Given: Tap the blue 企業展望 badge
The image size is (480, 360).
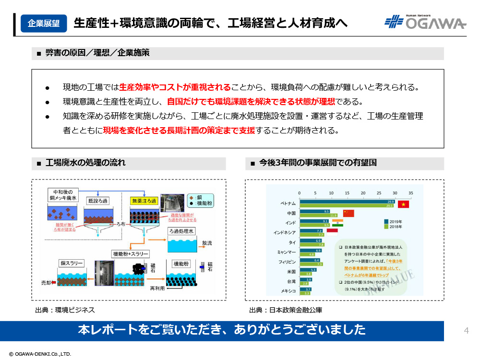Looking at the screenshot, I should [44, 23].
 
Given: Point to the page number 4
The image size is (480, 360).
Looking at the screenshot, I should [466, 330].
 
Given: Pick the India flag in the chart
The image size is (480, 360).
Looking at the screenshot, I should [339, 223].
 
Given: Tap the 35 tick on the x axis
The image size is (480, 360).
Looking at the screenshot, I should [410, 193].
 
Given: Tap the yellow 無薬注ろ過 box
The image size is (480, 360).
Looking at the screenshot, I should [144, 200].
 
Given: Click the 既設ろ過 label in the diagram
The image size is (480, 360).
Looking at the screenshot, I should [98, 201].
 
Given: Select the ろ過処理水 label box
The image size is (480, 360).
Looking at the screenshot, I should [182, 231].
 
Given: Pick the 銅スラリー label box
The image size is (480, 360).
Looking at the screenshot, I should [72, 263].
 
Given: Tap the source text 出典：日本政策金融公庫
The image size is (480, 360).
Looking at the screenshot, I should [286, 310].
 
